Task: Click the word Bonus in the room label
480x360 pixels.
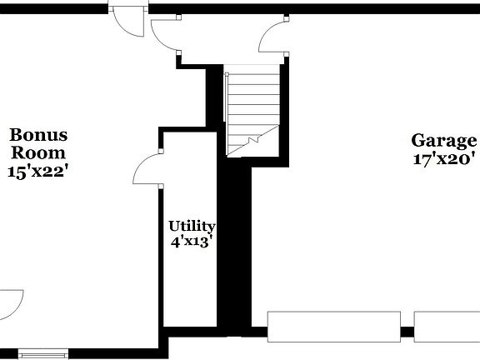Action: (38, 135)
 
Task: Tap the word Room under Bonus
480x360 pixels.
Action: (38, 152)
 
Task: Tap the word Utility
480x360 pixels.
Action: (192, 226)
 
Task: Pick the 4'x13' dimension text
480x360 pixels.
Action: (192, 242)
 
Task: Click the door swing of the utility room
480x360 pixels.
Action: (147, 170)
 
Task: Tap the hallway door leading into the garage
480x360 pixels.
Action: (273, 38)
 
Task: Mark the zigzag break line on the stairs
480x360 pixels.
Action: (254, 142)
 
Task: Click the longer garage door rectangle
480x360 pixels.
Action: (332, 326)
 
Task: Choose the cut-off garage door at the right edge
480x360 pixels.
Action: (447, 326)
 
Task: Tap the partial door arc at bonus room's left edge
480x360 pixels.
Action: (10, 303)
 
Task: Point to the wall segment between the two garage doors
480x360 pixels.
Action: (407, 332)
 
